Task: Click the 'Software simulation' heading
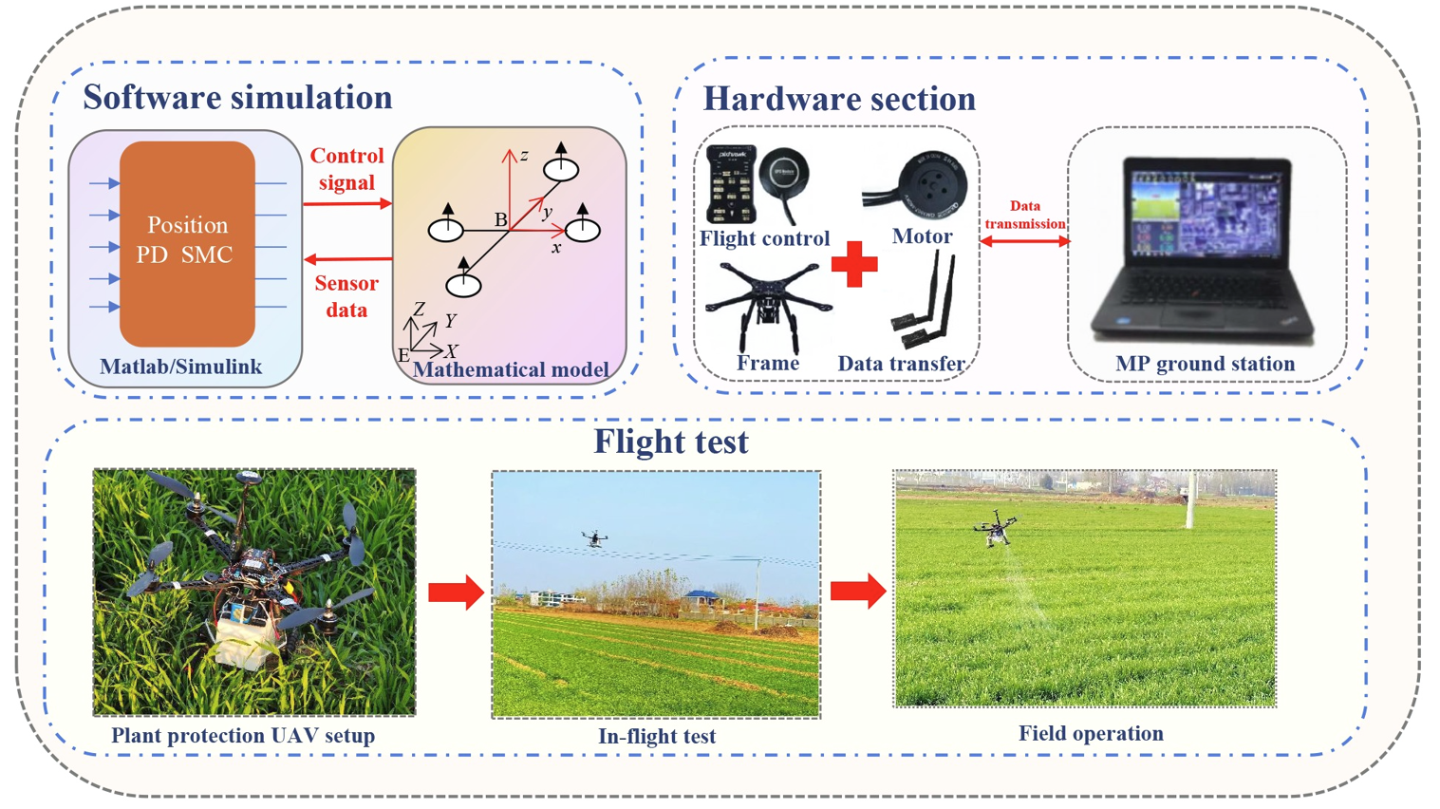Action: (237, 98)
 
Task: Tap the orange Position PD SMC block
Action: (187, 243)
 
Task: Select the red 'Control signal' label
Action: (346, 169)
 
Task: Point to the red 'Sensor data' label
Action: (346, 296)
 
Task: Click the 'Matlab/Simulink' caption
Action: (180, 367)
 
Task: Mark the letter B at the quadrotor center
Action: (500, 220)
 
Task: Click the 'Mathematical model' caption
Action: (511, 369)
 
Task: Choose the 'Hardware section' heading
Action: (839, 99)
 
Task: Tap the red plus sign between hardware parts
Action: (854, 264)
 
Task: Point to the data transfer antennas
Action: (925, 304)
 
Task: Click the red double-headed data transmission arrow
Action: (1024, 242)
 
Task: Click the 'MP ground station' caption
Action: (1205, 364)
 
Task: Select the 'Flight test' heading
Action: (671, 442)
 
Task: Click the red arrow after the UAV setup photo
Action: (456, 593)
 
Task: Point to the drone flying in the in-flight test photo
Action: (594, 539)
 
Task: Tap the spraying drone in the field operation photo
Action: (996, 528)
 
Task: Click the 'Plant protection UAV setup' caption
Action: (243, 735)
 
